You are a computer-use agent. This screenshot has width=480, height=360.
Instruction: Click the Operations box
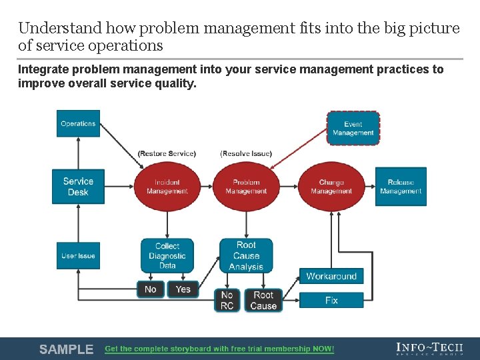coord(78,124)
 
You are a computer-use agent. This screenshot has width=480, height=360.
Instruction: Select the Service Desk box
coord(78,187)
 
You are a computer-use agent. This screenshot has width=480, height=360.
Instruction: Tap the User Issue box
coord(78,256)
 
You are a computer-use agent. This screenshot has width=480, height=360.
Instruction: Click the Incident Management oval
coord(167,187)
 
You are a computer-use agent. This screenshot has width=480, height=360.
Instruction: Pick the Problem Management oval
coord(246,187)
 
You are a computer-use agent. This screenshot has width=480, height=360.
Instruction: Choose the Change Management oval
coord(331,187)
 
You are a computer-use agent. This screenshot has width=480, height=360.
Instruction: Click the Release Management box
coord(400,187)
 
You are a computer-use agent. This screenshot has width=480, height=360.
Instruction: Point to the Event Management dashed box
coord(353,129)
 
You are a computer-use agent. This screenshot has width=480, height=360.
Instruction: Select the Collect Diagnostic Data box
coord(167,256)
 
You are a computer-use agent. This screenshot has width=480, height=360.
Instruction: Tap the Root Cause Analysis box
coord(246,256)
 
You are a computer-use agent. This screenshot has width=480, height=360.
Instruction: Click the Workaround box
coord(331,276)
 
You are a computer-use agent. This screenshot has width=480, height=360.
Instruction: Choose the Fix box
coord(331,300)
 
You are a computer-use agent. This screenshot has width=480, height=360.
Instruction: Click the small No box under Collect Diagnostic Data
coord(150,289)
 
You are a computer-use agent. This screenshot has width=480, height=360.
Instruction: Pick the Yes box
coord(183,289)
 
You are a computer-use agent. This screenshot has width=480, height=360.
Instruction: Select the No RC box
coord(227,300)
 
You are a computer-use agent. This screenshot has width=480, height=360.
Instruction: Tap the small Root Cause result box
coord(263,300)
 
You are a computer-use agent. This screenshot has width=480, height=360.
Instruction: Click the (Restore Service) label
coord(167,153)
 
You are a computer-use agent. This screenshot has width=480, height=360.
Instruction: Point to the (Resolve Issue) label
coord(246,153)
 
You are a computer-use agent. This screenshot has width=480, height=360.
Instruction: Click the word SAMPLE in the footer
coord(66,349)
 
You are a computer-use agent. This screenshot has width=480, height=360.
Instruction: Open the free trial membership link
coord(219,349)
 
